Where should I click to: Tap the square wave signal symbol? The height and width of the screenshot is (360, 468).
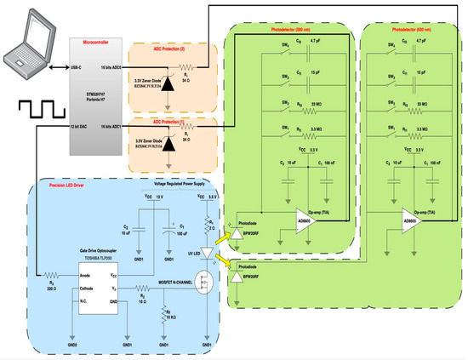(32, 110)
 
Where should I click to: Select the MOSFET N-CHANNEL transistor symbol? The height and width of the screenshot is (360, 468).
(198, 280)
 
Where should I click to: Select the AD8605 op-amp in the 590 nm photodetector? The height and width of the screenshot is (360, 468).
(305, 218)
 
